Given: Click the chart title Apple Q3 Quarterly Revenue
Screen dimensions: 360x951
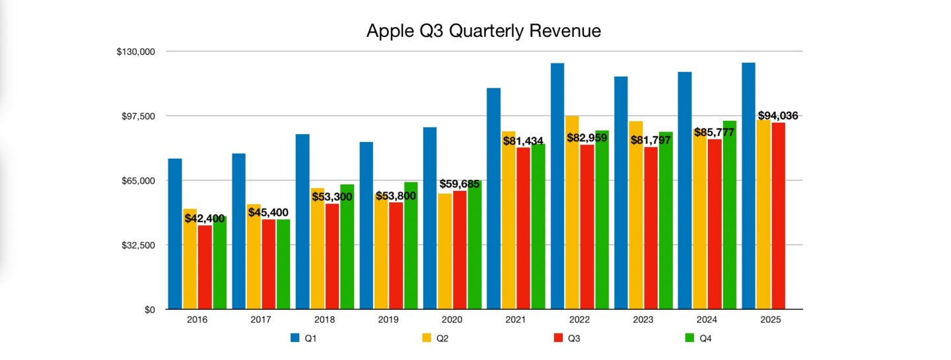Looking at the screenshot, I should click(483, 31).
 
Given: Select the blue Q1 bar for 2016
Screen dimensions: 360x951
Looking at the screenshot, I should click(175, 234).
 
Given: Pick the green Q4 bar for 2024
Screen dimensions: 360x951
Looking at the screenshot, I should click(729, 215).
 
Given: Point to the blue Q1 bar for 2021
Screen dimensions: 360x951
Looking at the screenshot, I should click(493, 198).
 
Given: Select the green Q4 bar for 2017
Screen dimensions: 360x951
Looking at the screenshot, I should click(283, 264).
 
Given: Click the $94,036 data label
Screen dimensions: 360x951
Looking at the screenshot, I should click(777, 116).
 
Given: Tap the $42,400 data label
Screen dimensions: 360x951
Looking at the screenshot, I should click(204, 219).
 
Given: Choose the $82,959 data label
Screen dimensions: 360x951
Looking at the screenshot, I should click(587, 138).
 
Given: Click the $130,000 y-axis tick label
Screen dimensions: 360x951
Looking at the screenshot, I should click(136, 52).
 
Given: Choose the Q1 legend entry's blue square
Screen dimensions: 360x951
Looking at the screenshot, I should click(295, 338).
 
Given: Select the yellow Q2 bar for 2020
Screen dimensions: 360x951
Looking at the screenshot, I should click(444, 251).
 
